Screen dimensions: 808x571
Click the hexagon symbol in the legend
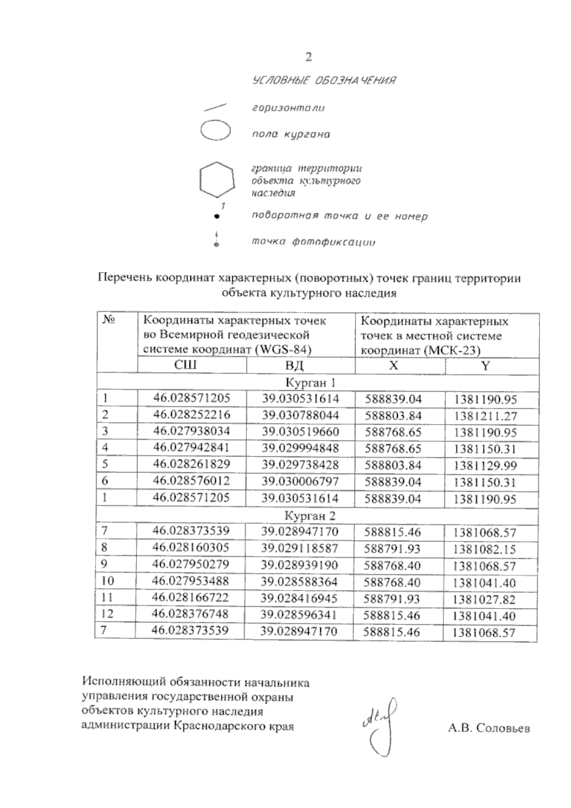pos(217,179)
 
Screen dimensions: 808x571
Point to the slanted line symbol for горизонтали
pos(215,107)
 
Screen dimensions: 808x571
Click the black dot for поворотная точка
pos(217,217)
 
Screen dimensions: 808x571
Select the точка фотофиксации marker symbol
pos(217,240)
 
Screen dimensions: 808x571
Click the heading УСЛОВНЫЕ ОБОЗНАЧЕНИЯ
pos(325,80)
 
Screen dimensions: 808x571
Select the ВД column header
pos(294,365)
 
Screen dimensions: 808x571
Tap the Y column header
pos(485,365)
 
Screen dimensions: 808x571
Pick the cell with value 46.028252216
pos(191,414)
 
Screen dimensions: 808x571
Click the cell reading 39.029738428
pos(300,464)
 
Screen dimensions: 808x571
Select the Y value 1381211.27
pos(485,416)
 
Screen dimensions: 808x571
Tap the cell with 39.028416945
pos(299,598)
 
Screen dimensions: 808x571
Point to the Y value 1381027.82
pos(484,600)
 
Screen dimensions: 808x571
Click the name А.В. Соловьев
pos(489,729)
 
